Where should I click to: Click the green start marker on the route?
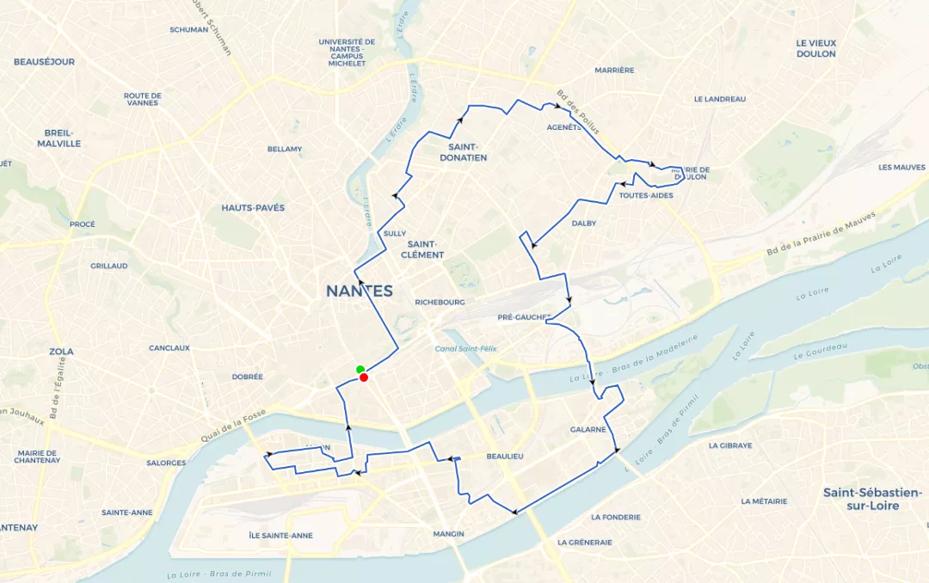[360, 370]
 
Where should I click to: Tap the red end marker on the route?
[365, 377]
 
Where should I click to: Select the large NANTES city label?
[359, 291]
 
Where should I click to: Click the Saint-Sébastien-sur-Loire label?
[872, 499]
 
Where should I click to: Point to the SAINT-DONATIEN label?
[462, 152]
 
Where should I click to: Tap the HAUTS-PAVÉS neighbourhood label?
[253, 208]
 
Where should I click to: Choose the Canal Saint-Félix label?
[464, 348]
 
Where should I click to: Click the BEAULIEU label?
[505, 457]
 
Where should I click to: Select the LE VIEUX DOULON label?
[815, 48]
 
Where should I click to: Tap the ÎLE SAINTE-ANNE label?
[280, 536]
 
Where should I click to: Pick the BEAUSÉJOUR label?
[44, 62]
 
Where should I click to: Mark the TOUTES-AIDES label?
[645, 196]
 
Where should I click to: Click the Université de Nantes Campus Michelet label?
[347, 52]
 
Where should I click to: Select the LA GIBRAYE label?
[730, 446]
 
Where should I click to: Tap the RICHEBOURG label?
[440, 303]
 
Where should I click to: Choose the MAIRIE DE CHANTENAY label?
[37, 457]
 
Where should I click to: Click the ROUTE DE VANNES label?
[143, 99]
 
